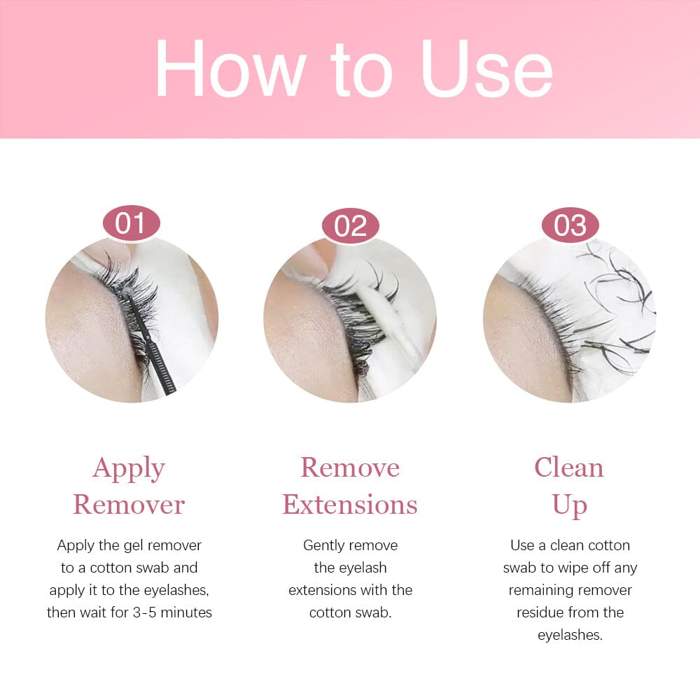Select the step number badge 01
[x=132, y=223]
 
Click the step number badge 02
[x=351, y=225]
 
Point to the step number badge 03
[x=570, y=225]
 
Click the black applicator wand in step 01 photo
[x=150, y=342]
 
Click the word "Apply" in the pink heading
[x=129, y=470]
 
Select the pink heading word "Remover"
[x=129, y=505]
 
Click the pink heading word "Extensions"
[x=350, y=505]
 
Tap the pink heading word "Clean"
[x=569, y=468]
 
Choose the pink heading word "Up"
[x=570, y=507]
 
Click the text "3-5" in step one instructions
[x=145, y=612]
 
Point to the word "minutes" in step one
[x=186, y=612]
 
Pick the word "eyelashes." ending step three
[x=570, y=636]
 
